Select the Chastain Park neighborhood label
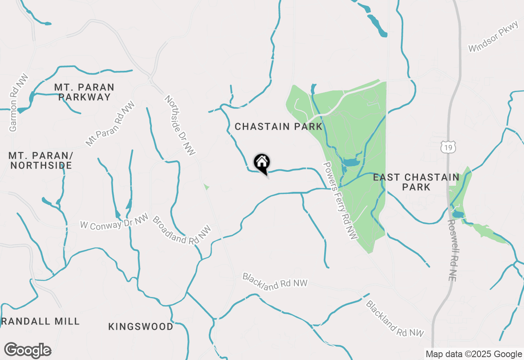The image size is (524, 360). coord(278,127)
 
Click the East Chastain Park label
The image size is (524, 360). coord(416,182)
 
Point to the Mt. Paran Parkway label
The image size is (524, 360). coord(84,92)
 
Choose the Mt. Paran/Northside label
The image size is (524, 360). coord(41,160)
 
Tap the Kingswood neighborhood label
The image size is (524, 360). coord(141,326)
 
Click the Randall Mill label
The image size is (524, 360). coord(40,321)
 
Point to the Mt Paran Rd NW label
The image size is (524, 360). coord(110,124)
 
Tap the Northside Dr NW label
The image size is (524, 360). coord(181,125)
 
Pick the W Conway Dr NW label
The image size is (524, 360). coord(114,223)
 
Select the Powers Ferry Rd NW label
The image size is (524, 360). coord(341,200)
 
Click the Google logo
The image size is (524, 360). coord(28,351)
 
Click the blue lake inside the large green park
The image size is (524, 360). coord(351,162)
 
